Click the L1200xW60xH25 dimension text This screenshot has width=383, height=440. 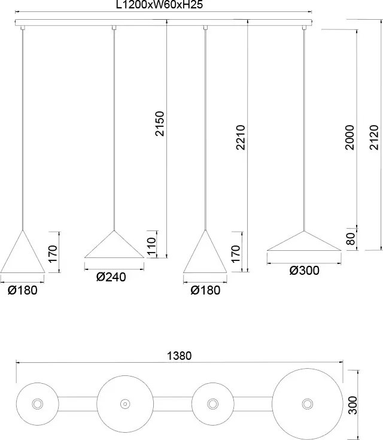[159, 5]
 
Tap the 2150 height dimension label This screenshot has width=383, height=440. [160, 124]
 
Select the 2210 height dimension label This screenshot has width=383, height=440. [241, 137]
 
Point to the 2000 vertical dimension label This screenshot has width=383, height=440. [349, 137]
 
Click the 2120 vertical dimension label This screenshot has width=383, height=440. [374, 137]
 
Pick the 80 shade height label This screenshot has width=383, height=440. [351, 239]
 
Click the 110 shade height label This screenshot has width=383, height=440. [151, 246]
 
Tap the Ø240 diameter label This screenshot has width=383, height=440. [111, 277]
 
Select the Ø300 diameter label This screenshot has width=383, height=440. [304, 271]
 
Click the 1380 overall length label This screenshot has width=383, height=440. [180, 356]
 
